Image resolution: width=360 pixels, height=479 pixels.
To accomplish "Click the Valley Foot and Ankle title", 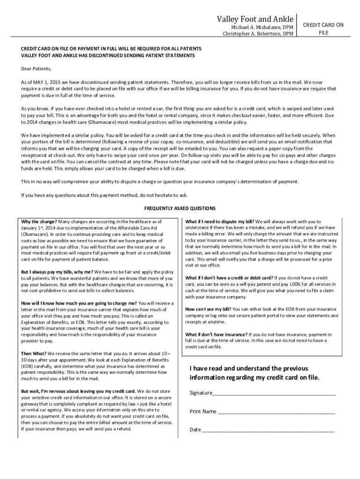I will [x=255, y=19].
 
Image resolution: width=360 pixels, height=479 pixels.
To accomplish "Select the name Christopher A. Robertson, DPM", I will [x=258, y=34].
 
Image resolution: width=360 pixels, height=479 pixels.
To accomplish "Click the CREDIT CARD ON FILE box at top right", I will [x=324, y=29].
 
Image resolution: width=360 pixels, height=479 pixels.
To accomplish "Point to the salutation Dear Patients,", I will [x=36, y=68].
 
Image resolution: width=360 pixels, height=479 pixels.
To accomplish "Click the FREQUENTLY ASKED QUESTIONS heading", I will [x=180, y=208].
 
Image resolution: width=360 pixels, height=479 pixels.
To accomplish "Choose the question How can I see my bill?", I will [x=208, y=309].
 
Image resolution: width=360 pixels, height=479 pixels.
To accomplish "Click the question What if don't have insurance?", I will [x=216, y=334].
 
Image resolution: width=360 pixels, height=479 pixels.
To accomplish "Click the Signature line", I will [x=274, y=393].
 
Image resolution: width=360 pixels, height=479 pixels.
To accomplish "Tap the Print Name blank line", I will [x=276, y=412].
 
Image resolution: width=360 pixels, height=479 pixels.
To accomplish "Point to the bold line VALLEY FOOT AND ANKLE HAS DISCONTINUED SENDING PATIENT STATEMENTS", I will [x=108, y=56].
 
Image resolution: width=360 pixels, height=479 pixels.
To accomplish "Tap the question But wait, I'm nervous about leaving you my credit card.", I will [x=79, y=391].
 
